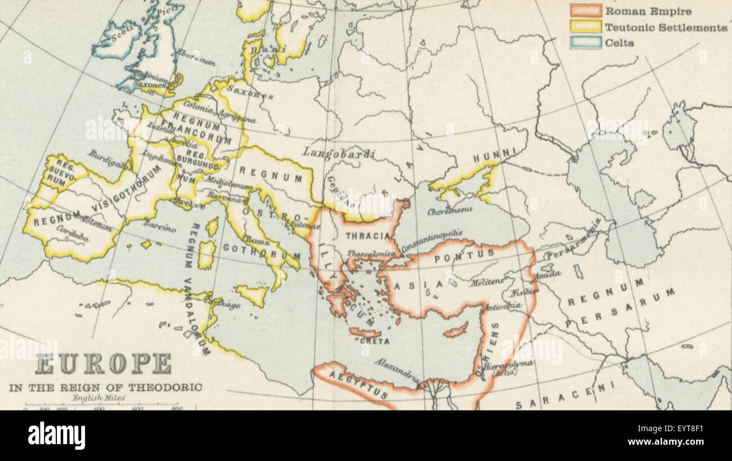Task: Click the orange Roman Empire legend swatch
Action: (585, 11)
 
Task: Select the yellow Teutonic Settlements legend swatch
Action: (585, 27)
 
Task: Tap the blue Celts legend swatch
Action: (585, 43)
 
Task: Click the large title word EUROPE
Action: (104, 364)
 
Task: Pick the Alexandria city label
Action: (397, 370)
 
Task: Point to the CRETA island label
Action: (367, 341)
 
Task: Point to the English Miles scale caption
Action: (99, 398)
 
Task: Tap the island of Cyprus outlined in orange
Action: (456, 330)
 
